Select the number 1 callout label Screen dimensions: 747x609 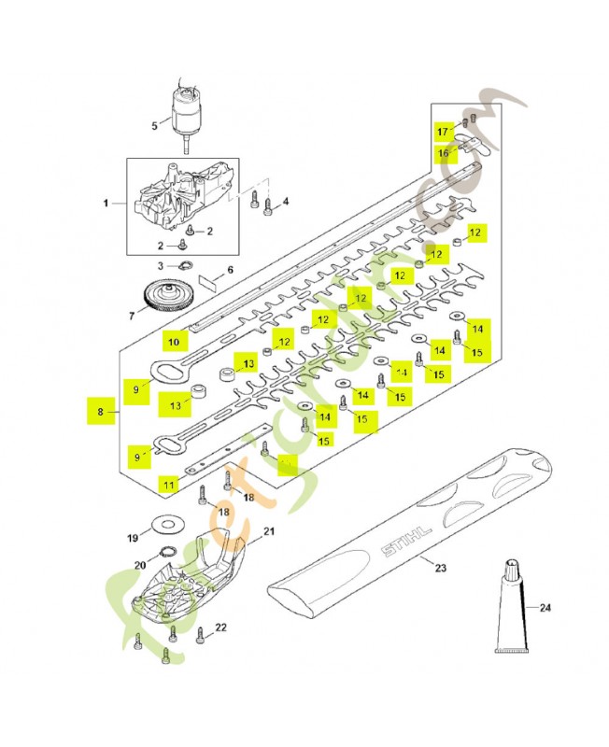pos(106,203)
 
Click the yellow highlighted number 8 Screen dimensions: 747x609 pos(101,411)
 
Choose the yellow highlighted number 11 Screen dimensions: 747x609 pos(167,484)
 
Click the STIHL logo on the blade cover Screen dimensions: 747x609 pos(405,541)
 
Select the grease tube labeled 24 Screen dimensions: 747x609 pos(512,611)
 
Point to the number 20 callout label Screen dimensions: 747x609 pos(140,565)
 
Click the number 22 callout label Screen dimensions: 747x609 pos(220,628)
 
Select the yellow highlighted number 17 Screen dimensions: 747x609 pos(444,129)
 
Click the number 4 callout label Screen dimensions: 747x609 pos(285,201)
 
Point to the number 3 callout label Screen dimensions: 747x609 pos(160,265)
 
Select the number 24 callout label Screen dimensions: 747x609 pos(545,608)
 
